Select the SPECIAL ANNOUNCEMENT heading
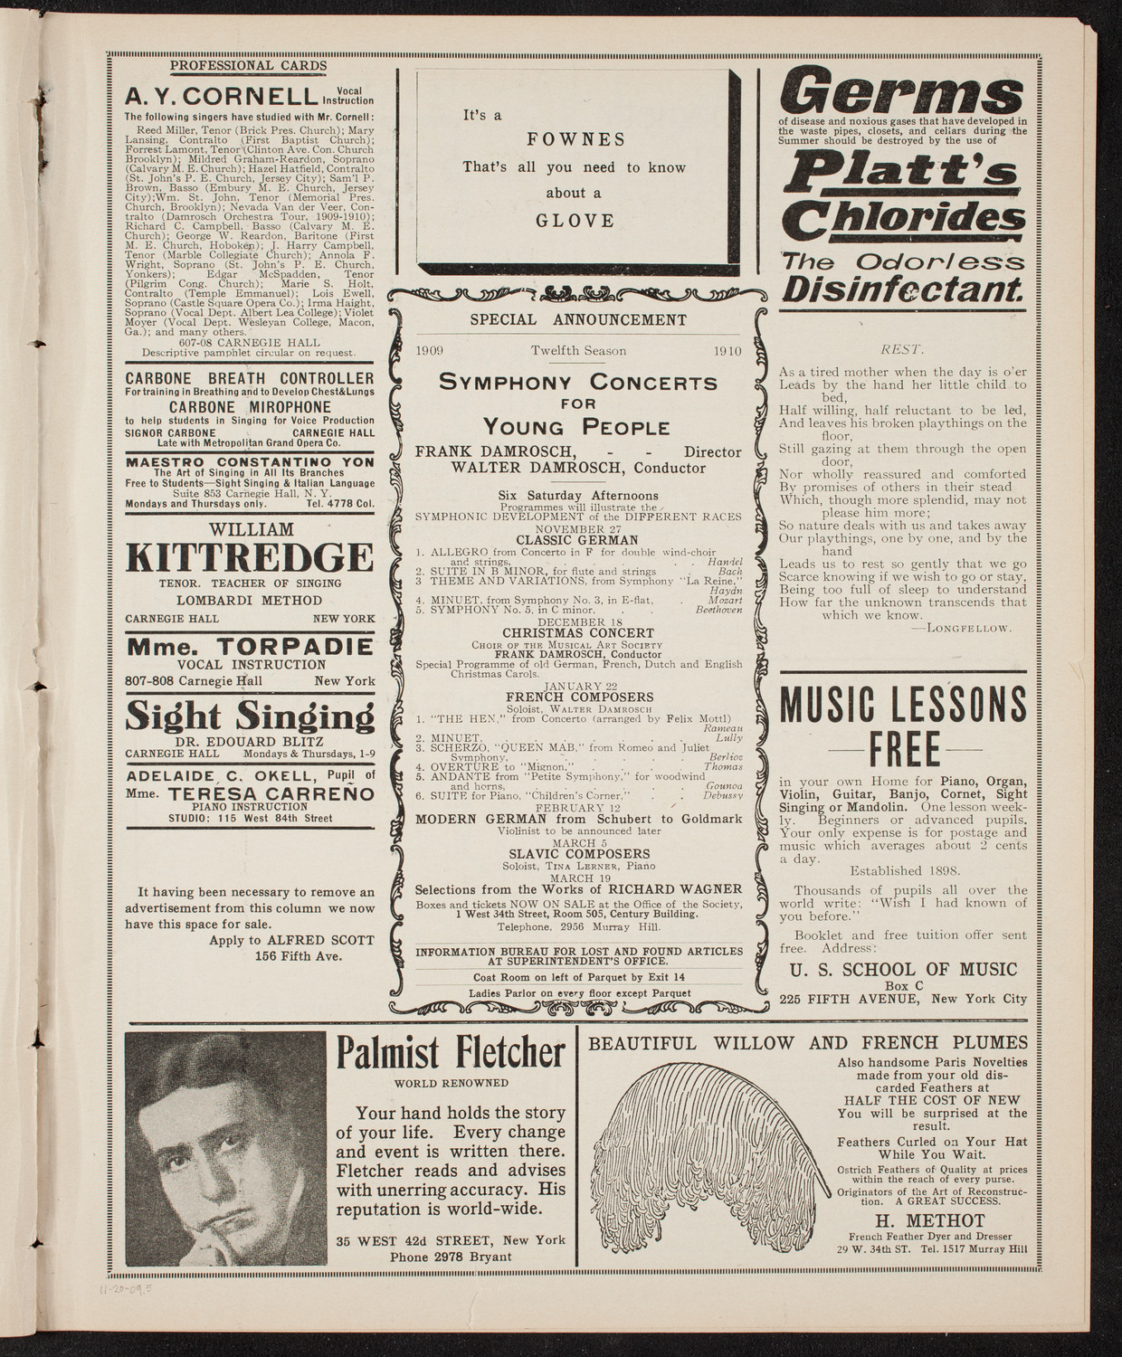(x=578, y=319)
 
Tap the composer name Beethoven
(x=718, y=610)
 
